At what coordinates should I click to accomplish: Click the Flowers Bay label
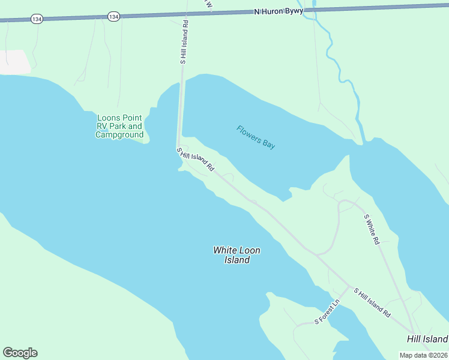pyautogui.click(x=256, y=137)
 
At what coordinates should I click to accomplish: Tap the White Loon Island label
pyautogui.click(x=237, y=255)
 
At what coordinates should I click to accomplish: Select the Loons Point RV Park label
pyautogui.click(x=119, y=126)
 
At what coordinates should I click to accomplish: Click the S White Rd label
pyautogui.click(x=372, y=229)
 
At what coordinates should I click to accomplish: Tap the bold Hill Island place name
pyautogui.click(x=427, y=339)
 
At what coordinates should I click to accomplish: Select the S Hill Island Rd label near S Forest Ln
pyautogui.click(x=372, y=302)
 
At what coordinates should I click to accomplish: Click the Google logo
pyautogui.click(x=20, y=353)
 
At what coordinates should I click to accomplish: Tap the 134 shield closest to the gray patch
pyautogui.click(x=37, y=19)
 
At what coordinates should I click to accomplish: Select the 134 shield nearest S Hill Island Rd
pyautogui.click(x=113, y=16)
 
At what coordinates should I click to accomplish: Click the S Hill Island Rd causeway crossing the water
pyautogui.click(x=180, y=114)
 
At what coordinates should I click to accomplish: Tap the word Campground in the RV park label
pyautogui.click(x=119, y=135)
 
